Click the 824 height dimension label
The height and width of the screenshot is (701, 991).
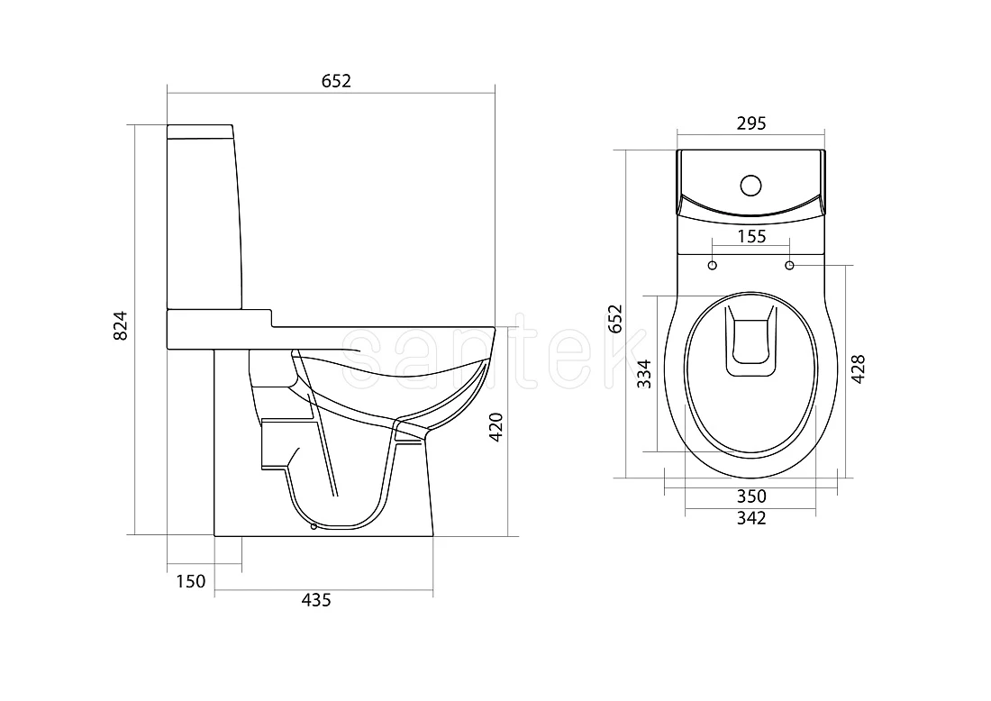point(120,326)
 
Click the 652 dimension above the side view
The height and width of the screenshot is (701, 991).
point(336,81)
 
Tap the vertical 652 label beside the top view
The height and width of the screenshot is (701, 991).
point(615,319)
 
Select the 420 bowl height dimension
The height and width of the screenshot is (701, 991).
point(496,427)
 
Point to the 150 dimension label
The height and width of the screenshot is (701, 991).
point(190,581)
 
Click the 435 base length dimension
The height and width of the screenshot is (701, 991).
point(316,600)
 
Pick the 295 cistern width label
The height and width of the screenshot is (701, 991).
point(750,123)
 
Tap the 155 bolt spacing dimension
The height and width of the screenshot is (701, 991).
point(751,236)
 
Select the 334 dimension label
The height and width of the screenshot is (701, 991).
point(643,374)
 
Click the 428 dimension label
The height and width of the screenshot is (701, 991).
point(858,369)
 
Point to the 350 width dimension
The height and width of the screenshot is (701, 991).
point(751,496)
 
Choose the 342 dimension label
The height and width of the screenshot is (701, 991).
point(751,518)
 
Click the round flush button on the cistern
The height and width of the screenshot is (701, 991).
point(750,186)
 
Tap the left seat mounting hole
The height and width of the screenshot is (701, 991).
point(713,266)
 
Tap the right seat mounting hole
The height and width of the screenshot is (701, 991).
point(789,266)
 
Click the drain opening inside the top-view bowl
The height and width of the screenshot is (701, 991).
point(750,341)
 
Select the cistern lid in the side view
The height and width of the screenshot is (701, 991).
point(200,132)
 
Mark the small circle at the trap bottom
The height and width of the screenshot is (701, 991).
point(314,525)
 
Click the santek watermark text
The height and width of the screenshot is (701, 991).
point(493,357)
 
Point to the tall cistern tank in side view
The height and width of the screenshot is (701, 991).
point(204,217)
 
